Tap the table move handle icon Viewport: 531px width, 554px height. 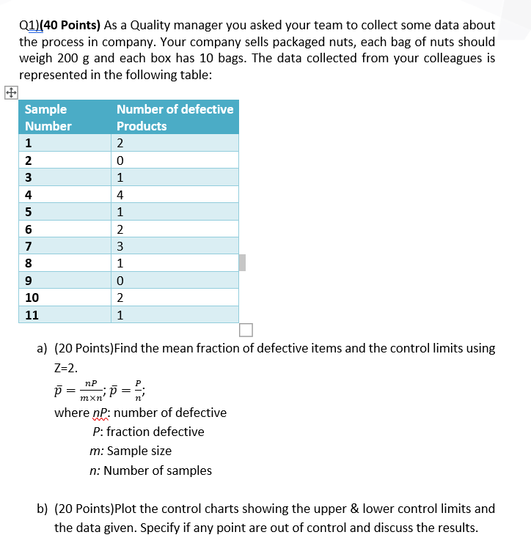click(x=10, y=93)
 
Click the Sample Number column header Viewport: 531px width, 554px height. click(x=48, y=117)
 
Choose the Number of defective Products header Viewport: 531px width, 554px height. click(x=175, y=117)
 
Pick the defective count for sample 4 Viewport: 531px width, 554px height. click(x=120, y=195)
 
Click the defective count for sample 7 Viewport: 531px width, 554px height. click(x=120, y=246)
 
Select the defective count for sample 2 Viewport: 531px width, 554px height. click(x=120, y=160)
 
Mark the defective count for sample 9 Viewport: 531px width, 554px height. click(x=120, y=281)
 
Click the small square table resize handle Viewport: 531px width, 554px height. click(x=245, y=330)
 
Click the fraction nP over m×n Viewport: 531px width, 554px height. click(x=89, y=391)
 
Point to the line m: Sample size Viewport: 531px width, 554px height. click(x=131, y=451)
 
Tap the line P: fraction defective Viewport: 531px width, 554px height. click(x=148, y=432)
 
